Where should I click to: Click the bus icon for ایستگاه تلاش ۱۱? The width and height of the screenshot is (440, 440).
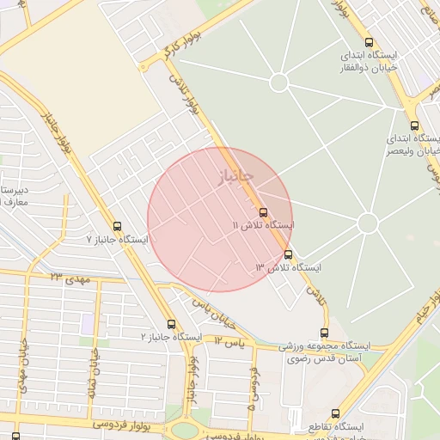pyautogui.click(x=263, y=211)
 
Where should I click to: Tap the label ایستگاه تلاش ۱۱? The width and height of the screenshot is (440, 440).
pyautogui.click(x=263, y=225)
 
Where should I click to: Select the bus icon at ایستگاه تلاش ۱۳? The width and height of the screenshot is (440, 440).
pyautogui.click(x=288, y=254)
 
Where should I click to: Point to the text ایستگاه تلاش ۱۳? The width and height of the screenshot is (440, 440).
pyautogui.click(x=288, y=268)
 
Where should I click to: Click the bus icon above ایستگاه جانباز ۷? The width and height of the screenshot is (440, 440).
pyautogui.click(x=118, y=226)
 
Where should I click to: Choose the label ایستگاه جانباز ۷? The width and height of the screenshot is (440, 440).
pyautogui.click(x=117, y=239)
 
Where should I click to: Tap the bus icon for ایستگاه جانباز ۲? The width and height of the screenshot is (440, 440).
pyautogui.click(x=171, y=325)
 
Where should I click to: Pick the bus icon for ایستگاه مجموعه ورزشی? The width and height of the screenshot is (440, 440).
pyautogui.click(x=324, y=333)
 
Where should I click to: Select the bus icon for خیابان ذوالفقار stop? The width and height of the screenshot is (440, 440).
pyautogui.click(x=369, y=42)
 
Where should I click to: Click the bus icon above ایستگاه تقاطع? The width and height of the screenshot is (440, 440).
pyautogui.click(x=335, y=413)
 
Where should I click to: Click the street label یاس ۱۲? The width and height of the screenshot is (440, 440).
pyautogui.click(x=230, y=342)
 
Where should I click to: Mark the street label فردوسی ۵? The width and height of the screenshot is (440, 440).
pyautogui.click(x=253, y=388)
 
